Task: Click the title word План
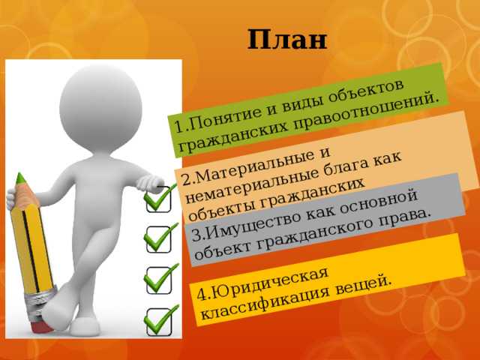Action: point(286,39)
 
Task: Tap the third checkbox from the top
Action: point(159,280)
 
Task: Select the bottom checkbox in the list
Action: point(159,322)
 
